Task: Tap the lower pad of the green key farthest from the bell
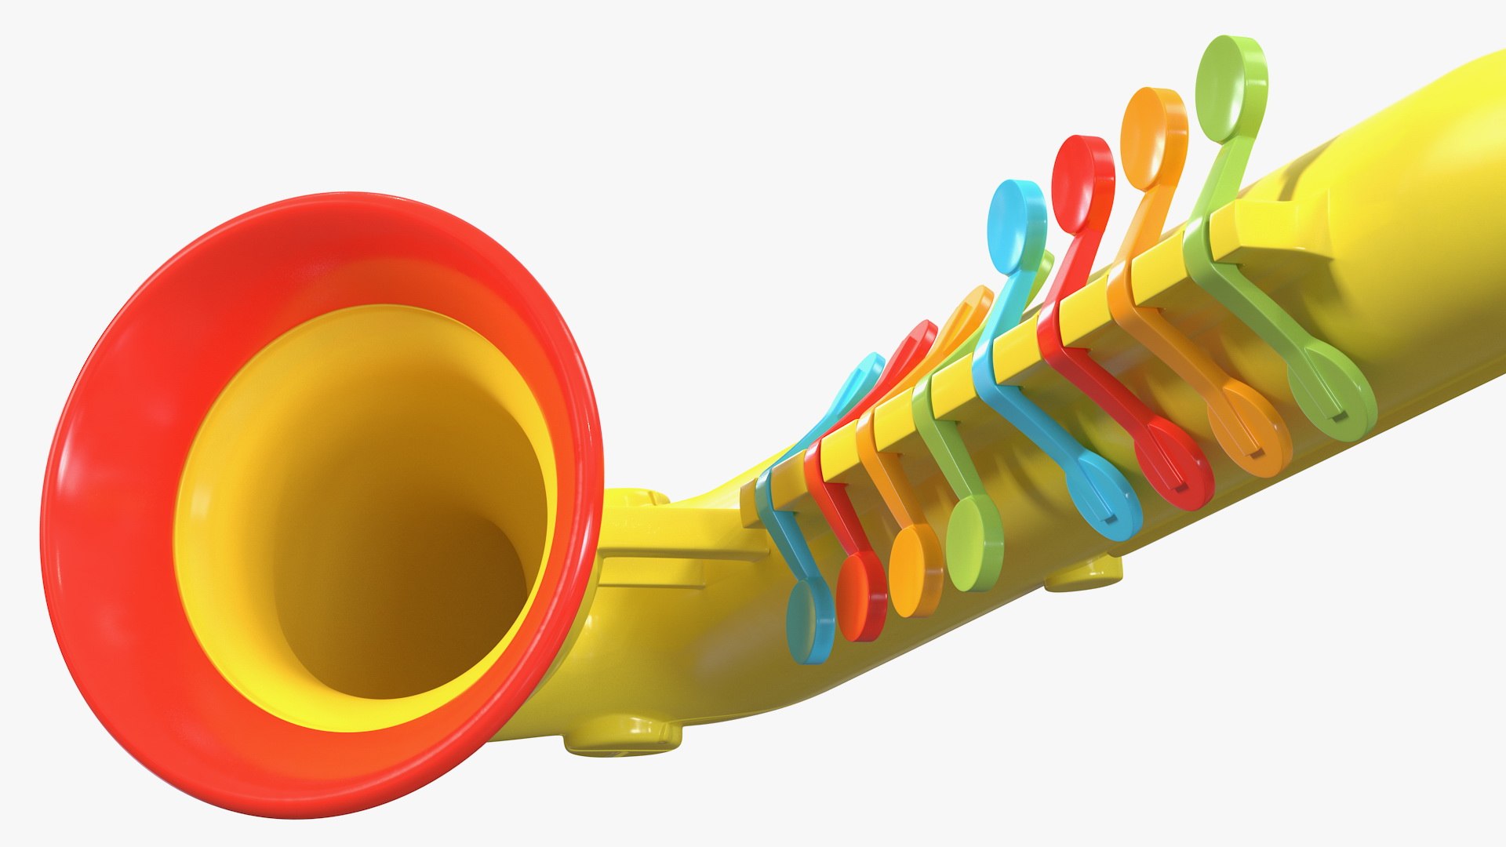1333,392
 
